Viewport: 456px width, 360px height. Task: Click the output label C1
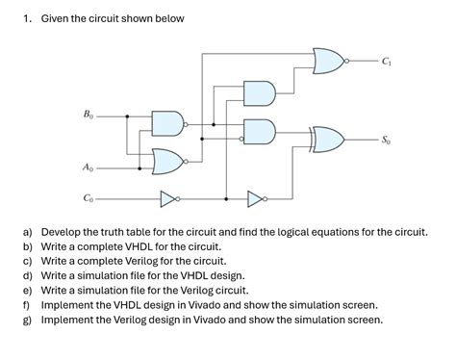[x=386, y=63]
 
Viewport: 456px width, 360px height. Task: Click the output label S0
[x=386, y=141]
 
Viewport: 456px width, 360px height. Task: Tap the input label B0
[x=88, y=115]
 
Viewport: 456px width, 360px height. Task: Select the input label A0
[x=88, y=168]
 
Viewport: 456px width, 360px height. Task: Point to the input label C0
[x=88, y=200]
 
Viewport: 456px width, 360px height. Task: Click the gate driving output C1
[x=329, y=63]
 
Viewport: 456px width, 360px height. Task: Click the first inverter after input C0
[x=169, y=200]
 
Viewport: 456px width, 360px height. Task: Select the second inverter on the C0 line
[x=256, y=200]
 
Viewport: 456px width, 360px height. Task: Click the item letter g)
[x=29, y=319]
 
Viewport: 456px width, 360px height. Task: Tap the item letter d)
[x=29, y=275]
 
